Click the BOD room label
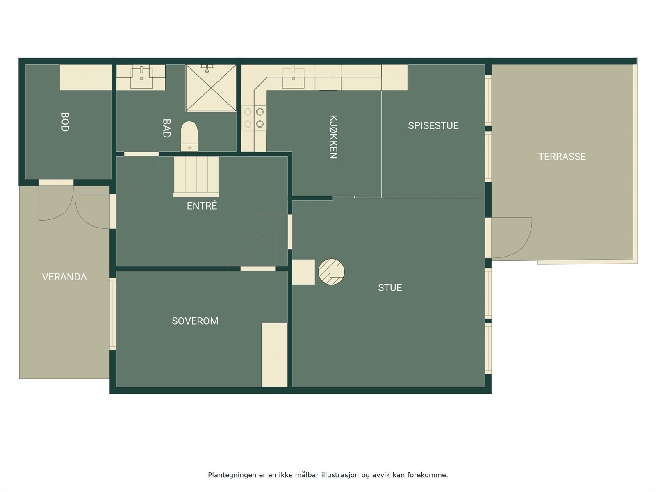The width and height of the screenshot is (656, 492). [65, 122]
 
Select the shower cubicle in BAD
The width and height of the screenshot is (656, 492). [211, 88]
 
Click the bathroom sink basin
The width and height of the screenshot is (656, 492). [141, 77]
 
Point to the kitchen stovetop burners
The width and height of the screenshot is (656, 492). [254, 118]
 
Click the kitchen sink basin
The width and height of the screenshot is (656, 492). [293, 78]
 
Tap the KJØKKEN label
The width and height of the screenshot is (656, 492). [333, 137]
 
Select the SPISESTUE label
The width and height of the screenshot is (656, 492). [433, 125]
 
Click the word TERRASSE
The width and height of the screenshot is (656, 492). [562, 157]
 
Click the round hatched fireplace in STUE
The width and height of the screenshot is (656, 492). [331, 271]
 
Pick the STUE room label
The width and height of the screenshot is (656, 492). [390, 288]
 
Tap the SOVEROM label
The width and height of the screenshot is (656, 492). [195, 321]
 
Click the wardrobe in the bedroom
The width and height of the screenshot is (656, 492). [274, 355]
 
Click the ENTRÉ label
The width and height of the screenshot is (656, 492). [202, 206]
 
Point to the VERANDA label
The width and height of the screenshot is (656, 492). [64, 277]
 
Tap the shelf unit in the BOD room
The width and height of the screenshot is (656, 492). [85, 77]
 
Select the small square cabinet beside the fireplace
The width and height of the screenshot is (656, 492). [303, 272]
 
